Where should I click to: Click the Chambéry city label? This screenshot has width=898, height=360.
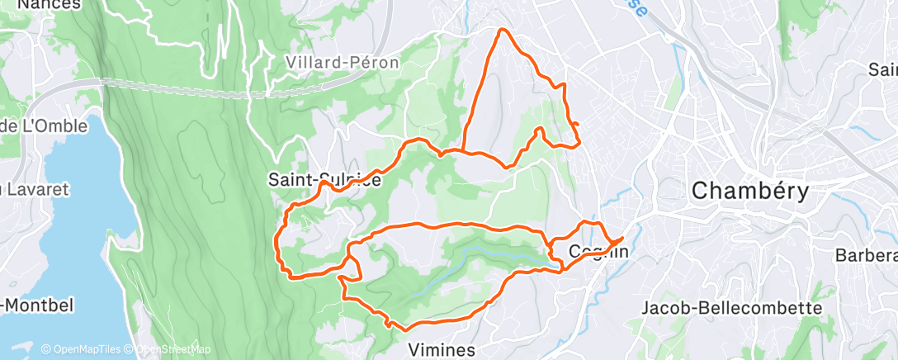[749, 191]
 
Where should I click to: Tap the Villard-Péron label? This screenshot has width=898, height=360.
[342, 62]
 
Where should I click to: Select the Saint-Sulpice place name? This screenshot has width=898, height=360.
[325, 179]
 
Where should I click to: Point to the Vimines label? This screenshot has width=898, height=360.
[442, 348]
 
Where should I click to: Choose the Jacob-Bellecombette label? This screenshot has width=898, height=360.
[732, 308]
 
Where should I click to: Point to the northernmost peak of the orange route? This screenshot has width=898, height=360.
[500, 31]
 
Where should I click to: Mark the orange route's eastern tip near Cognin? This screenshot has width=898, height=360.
[622, 239]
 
